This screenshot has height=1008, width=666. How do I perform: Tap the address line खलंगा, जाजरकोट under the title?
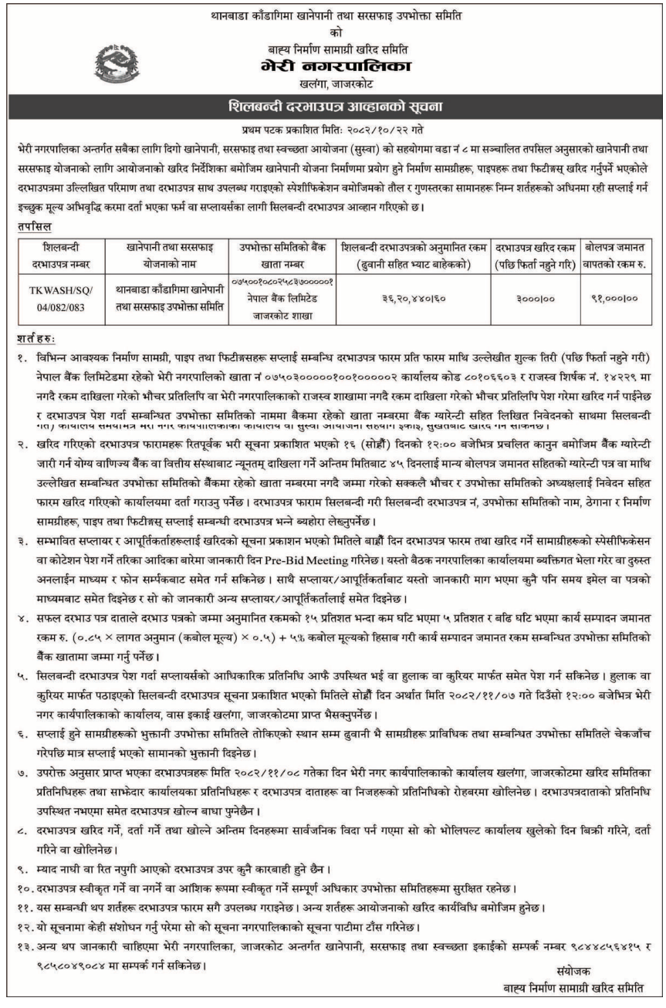coord(333,83)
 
